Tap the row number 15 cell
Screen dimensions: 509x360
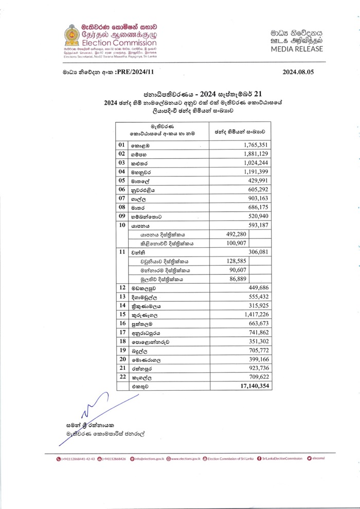122,314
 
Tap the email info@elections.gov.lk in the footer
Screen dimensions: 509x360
148,459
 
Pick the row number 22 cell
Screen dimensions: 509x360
122,376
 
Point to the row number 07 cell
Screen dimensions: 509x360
122,198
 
